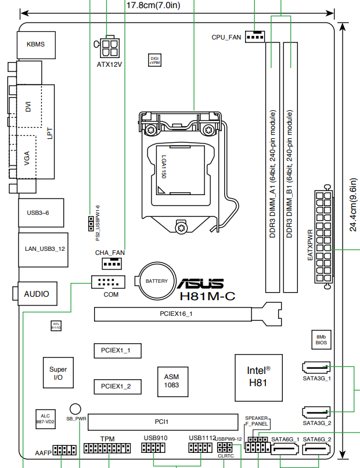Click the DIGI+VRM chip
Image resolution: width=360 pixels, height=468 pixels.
tap(154, 60)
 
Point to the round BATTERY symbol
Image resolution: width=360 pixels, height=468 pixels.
tap(156, 281)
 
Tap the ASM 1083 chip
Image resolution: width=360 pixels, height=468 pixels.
tap(172, 381)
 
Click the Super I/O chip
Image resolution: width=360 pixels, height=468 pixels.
tap(58, 373)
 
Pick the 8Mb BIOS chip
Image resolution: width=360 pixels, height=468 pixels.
tap(321, 340)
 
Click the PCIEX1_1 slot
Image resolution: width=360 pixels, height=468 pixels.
tap(117, 351)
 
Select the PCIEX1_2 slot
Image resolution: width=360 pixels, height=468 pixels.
tap(117, 386)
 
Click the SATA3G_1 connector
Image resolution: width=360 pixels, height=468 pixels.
tap(316, 368)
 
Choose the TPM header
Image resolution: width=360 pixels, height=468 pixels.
tap(107, 449)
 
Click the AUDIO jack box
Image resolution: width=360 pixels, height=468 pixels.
tap(36, 294)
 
